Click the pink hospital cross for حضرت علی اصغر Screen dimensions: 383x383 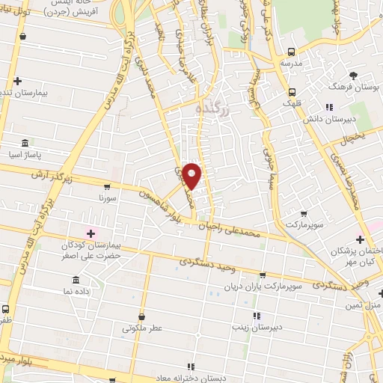click(91, 234)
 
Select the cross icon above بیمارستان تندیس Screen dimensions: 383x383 click(17, 81)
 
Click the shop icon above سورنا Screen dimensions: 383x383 click(108, 187)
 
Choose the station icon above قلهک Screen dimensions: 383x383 click(292, 93)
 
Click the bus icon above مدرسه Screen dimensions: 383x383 click(291, 52)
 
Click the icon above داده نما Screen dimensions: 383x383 click(75, 279)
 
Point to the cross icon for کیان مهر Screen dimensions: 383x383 click(361, 239)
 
